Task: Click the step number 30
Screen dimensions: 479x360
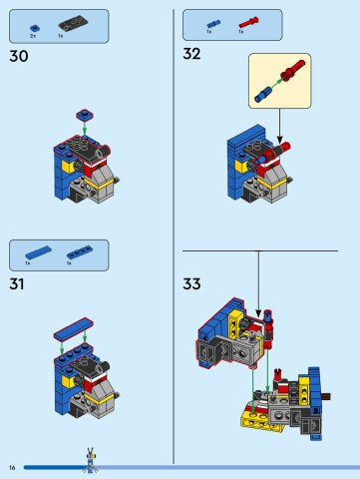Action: [x=18, y=57]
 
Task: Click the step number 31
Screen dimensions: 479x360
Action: [x=17, y=284]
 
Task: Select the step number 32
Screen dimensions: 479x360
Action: [x=192, y=54]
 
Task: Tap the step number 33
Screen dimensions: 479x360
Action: [x=192, y=284]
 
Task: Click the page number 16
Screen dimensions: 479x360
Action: [x=12, y=467]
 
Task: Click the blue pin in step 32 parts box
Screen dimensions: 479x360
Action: [x=212, y=21]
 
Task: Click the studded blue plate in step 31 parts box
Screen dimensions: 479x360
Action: [x=78, y=252]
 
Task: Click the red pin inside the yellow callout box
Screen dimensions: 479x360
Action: [x=293, y=72]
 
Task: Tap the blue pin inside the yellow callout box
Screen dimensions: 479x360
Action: [x=263, y=93]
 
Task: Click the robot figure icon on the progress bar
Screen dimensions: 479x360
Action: [x=91, y=461]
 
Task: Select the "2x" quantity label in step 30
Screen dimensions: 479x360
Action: [x=33, y=35]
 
